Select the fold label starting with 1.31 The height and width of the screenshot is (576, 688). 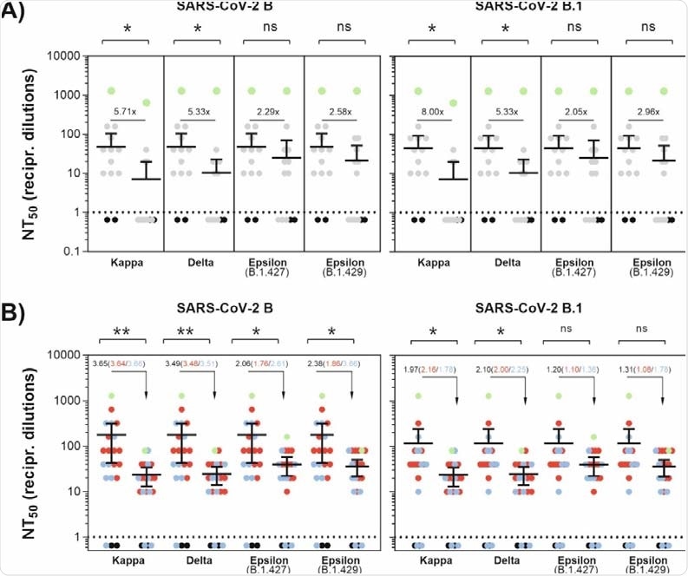(645, 370)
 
